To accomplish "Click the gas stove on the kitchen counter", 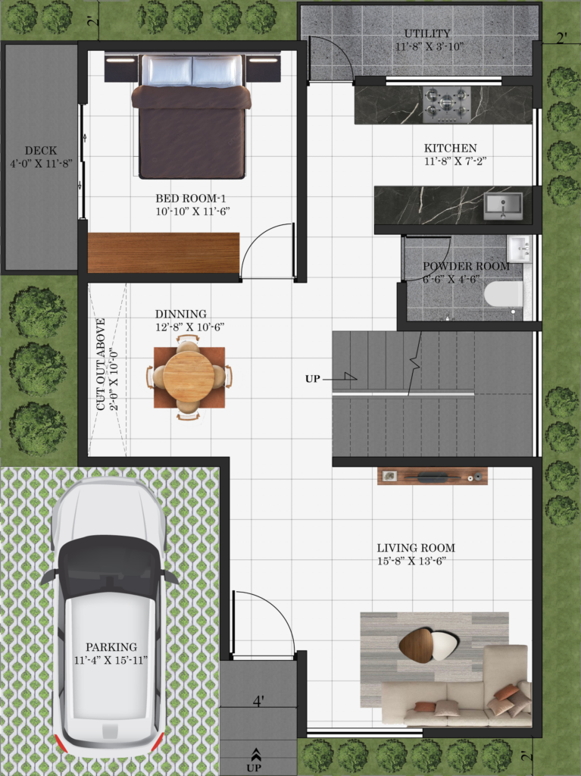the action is [448, 105].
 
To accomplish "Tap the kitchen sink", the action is [503, 206].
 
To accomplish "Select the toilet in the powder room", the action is [503, 294].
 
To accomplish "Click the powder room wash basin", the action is [519, 249].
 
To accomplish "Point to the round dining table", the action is [189, 377].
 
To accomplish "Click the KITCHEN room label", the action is [451, 148].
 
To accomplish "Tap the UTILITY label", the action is [427, 33].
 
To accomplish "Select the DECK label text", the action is [41, 151].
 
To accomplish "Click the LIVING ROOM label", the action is [416, 548].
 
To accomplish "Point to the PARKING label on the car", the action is [111, 647].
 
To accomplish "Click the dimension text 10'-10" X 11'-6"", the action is [193, 211].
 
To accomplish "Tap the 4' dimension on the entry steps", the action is [258, 701].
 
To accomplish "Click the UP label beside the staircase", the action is [312, 379].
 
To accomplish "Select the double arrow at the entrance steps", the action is [256, 754].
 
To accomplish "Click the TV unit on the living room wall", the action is [432, 476].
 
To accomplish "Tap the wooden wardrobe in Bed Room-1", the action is [164, 252].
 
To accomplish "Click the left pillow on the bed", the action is [167, 70].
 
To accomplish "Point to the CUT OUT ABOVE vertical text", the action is [101, 365].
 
